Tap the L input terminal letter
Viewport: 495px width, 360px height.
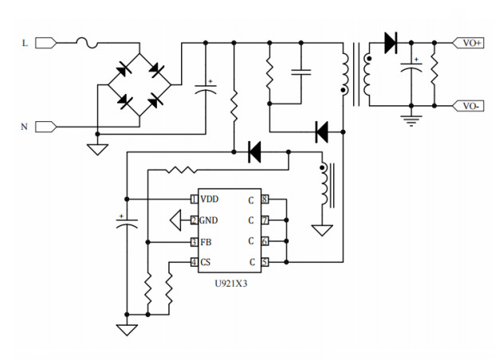(25, 43)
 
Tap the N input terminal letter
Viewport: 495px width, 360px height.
(25, 126)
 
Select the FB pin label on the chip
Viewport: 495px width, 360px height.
(206, 241)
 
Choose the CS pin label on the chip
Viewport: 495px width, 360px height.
(206, 262)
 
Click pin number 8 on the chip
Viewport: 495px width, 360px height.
(265, 198)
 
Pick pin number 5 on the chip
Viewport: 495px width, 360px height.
(265, 262)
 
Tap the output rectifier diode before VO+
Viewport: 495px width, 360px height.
(391, 43)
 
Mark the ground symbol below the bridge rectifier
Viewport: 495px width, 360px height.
(97, 148)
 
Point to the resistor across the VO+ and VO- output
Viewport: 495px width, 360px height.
(434, 73)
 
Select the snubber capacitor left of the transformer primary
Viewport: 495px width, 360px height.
(301, 72)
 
